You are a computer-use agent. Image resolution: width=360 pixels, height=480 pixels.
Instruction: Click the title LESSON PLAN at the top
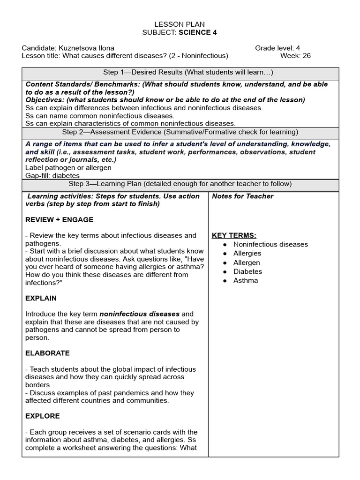click(180, 24)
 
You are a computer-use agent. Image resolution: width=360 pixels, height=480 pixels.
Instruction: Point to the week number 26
click(306, 56)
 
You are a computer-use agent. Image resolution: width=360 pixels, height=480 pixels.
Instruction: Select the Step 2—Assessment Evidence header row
click(180, 132)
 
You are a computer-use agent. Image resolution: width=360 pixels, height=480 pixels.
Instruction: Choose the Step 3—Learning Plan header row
click(180, 183)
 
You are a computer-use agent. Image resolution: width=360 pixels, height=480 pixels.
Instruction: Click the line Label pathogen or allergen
click(68, 167)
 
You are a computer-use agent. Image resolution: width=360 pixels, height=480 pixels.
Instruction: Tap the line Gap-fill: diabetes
click(52, 175)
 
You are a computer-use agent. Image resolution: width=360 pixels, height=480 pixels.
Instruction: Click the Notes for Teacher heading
click(242, 196)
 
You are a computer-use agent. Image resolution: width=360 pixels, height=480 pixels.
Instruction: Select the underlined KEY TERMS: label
click(234, 235)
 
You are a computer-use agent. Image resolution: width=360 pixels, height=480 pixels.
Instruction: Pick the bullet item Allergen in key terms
click(247, 262)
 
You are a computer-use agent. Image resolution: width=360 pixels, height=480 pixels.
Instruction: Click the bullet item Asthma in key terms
click(246, 280)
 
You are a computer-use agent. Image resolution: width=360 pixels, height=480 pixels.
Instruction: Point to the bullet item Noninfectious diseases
click(270, 244)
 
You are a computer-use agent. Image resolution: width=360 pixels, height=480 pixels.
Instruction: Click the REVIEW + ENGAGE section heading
click(60, 219)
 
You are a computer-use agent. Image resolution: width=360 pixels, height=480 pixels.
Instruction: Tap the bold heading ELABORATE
click(47, 353)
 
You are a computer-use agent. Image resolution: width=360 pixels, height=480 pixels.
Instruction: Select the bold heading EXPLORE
click(43, 416)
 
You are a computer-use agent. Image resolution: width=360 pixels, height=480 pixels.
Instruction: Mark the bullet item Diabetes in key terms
click(247, 271)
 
